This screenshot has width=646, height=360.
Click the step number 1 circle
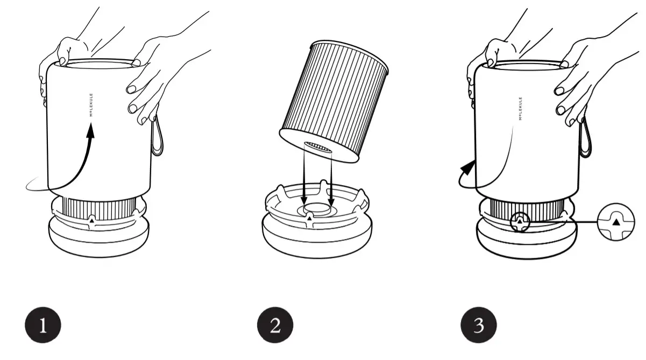[43, 326]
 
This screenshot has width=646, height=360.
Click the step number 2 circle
[275, 326]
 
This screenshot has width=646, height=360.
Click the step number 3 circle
[479, 326]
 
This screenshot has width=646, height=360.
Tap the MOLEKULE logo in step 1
[91, 104]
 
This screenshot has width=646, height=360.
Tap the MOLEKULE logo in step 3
[520, 108]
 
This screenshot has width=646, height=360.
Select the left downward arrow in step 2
[304, 194]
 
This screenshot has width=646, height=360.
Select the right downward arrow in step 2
[331, 194]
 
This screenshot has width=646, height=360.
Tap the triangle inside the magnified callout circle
[616, 221]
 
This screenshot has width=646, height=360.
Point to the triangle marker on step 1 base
[92, 221]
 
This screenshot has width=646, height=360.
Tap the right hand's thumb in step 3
[563, 63]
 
